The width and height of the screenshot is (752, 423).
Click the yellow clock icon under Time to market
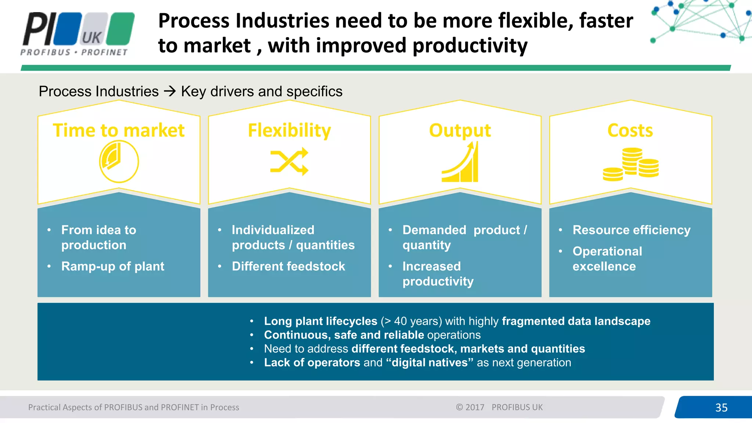[x=119, y=162]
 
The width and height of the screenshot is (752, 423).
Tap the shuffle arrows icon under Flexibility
[x=289, y=162]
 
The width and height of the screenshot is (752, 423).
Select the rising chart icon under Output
[x=460, y=162]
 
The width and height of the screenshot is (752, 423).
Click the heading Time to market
[x=119, y=130]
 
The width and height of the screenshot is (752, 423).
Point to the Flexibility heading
[x=289, y=130]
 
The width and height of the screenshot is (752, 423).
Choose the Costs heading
[x=630, y=130]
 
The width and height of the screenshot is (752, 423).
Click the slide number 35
[x=721, y=408]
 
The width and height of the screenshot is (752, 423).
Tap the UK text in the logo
[x=92, y=37]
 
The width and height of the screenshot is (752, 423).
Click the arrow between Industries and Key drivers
[x=170, y=91]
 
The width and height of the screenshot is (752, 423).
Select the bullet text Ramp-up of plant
[x=113, y=266]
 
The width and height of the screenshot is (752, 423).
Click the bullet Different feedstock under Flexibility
[x=288, y=266]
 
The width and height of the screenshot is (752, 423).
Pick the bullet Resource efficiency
[x=631, y=230]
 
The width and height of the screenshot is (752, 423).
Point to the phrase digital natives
[x=430, y=363]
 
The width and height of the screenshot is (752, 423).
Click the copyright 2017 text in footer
[x=470, y=407]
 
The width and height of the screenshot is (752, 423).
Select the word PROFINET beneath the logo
[x=104, y=53]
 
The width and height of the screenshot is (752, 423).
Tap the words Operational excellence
[x=607, y=259]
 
